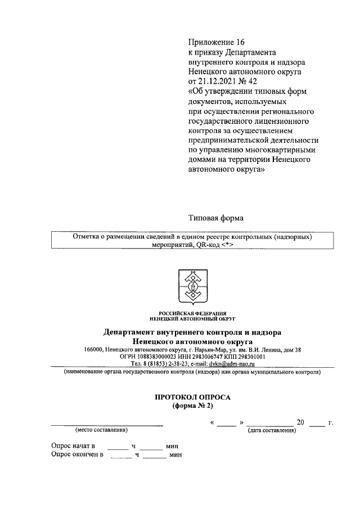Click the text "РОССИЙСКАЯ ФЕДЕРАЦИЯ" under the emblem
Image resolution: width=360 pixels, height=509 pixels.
(x=192, y=313)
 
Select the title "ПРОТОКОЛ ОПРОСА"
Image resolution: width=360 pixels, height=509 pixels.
(x=192, y=397)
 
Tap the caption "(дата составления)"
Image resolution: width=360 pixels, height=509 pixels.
(x=272, y=430)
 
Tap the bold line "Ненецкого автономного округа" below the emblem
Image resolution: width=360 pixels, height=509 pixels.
(x=192, y=341)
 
